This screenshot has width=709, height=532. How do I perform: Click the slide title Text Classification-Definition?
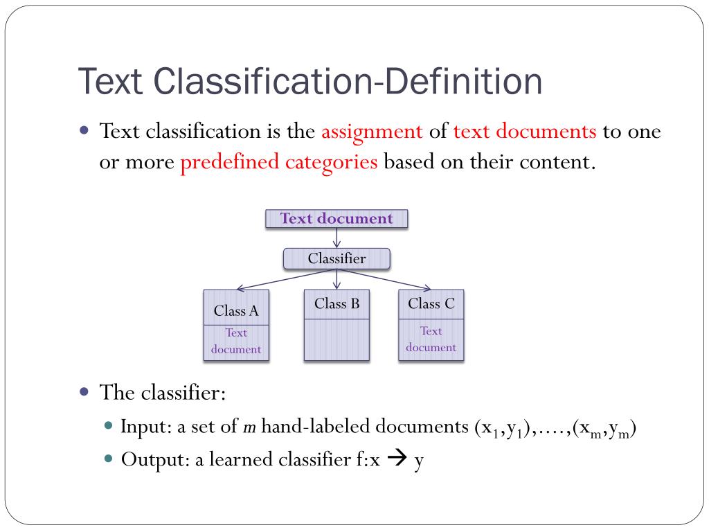coord(309,82)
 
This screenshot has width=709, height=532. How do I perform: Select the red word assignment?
coord(372,131)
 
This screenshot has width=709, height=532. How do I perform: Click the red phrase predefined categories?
coord(279,163)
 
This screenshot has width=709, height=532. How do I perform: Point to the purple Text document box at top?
coord(336,219)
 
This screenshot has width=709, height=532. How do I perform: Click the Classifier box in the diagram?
coord(336,259)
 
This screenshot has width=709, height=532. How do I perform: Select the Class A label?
coord(236,311)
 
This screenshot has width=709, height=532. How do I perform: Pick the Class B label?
coord(336,303)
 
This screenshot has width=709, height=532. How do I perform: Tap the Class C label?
coord(431,303)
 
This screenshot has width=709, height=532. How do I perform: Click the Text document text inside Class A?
coord(236,341)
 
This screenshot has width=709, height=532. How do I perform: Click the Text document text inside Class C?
coord(431,339)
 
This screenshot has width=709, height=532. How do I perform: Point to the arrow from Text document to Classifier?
coord(336,238)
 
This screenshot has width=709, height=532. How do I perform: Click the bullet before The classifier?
coord(84,391)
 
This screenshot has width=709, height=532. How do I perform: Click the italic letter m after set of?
coord(249,427)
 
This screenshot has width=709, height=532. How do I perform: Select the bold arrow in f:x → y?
coord(397,460)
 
